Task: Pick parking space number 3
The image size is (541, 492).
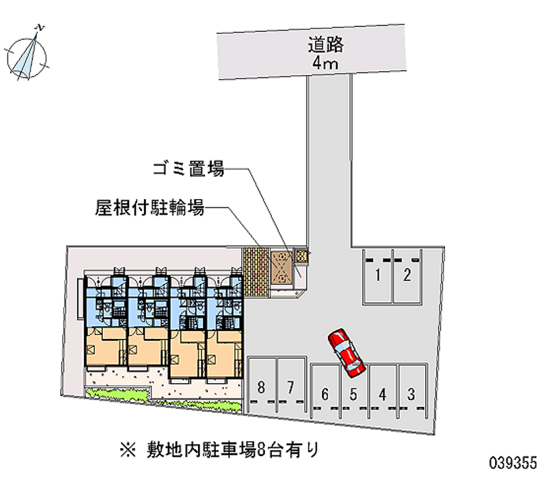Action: click(411, 393)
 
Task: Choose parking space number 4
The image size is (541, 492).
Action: click(383, 393)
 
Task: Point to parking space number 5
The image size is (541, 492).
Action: click(354, 393)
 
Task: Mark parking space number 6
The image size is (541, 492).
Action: click(325, 393)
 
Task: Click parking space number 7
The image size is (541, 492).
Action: click(290, 388)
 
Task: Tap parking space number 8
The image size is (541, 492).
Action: click(262, 388)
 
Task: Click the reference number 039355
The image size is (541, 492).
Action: click(512, 464)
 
